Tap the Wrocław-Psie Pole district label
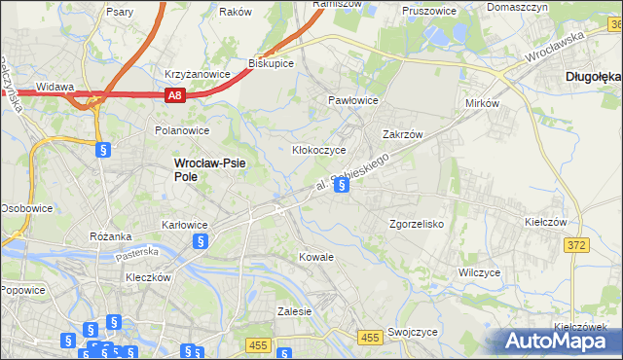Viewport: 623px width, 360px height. [x=209, y=170]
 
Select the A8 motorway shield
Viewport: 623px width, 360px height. [x=174, y=94]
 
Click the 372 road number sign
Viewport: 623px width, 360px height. [x=575, y=245]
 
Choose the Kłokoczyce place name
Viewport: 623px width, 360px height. [x=319, y=151]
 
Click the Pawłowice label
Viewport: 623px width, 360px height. [x=352, y=100]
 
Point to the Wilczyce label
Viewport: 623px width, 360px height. [x=479, y=273]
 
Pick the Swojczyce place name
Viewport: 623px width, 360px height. [x=412, y=332]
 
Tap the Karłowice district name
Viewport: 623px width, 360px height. [x=184, y=225]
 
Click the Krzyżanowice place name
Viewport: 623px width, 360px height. [x=198, y=74]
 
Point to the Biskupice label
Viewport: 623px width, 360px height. [x=272, y=63]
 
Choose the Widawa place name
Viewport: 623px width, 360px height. [x=55, y=87]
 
